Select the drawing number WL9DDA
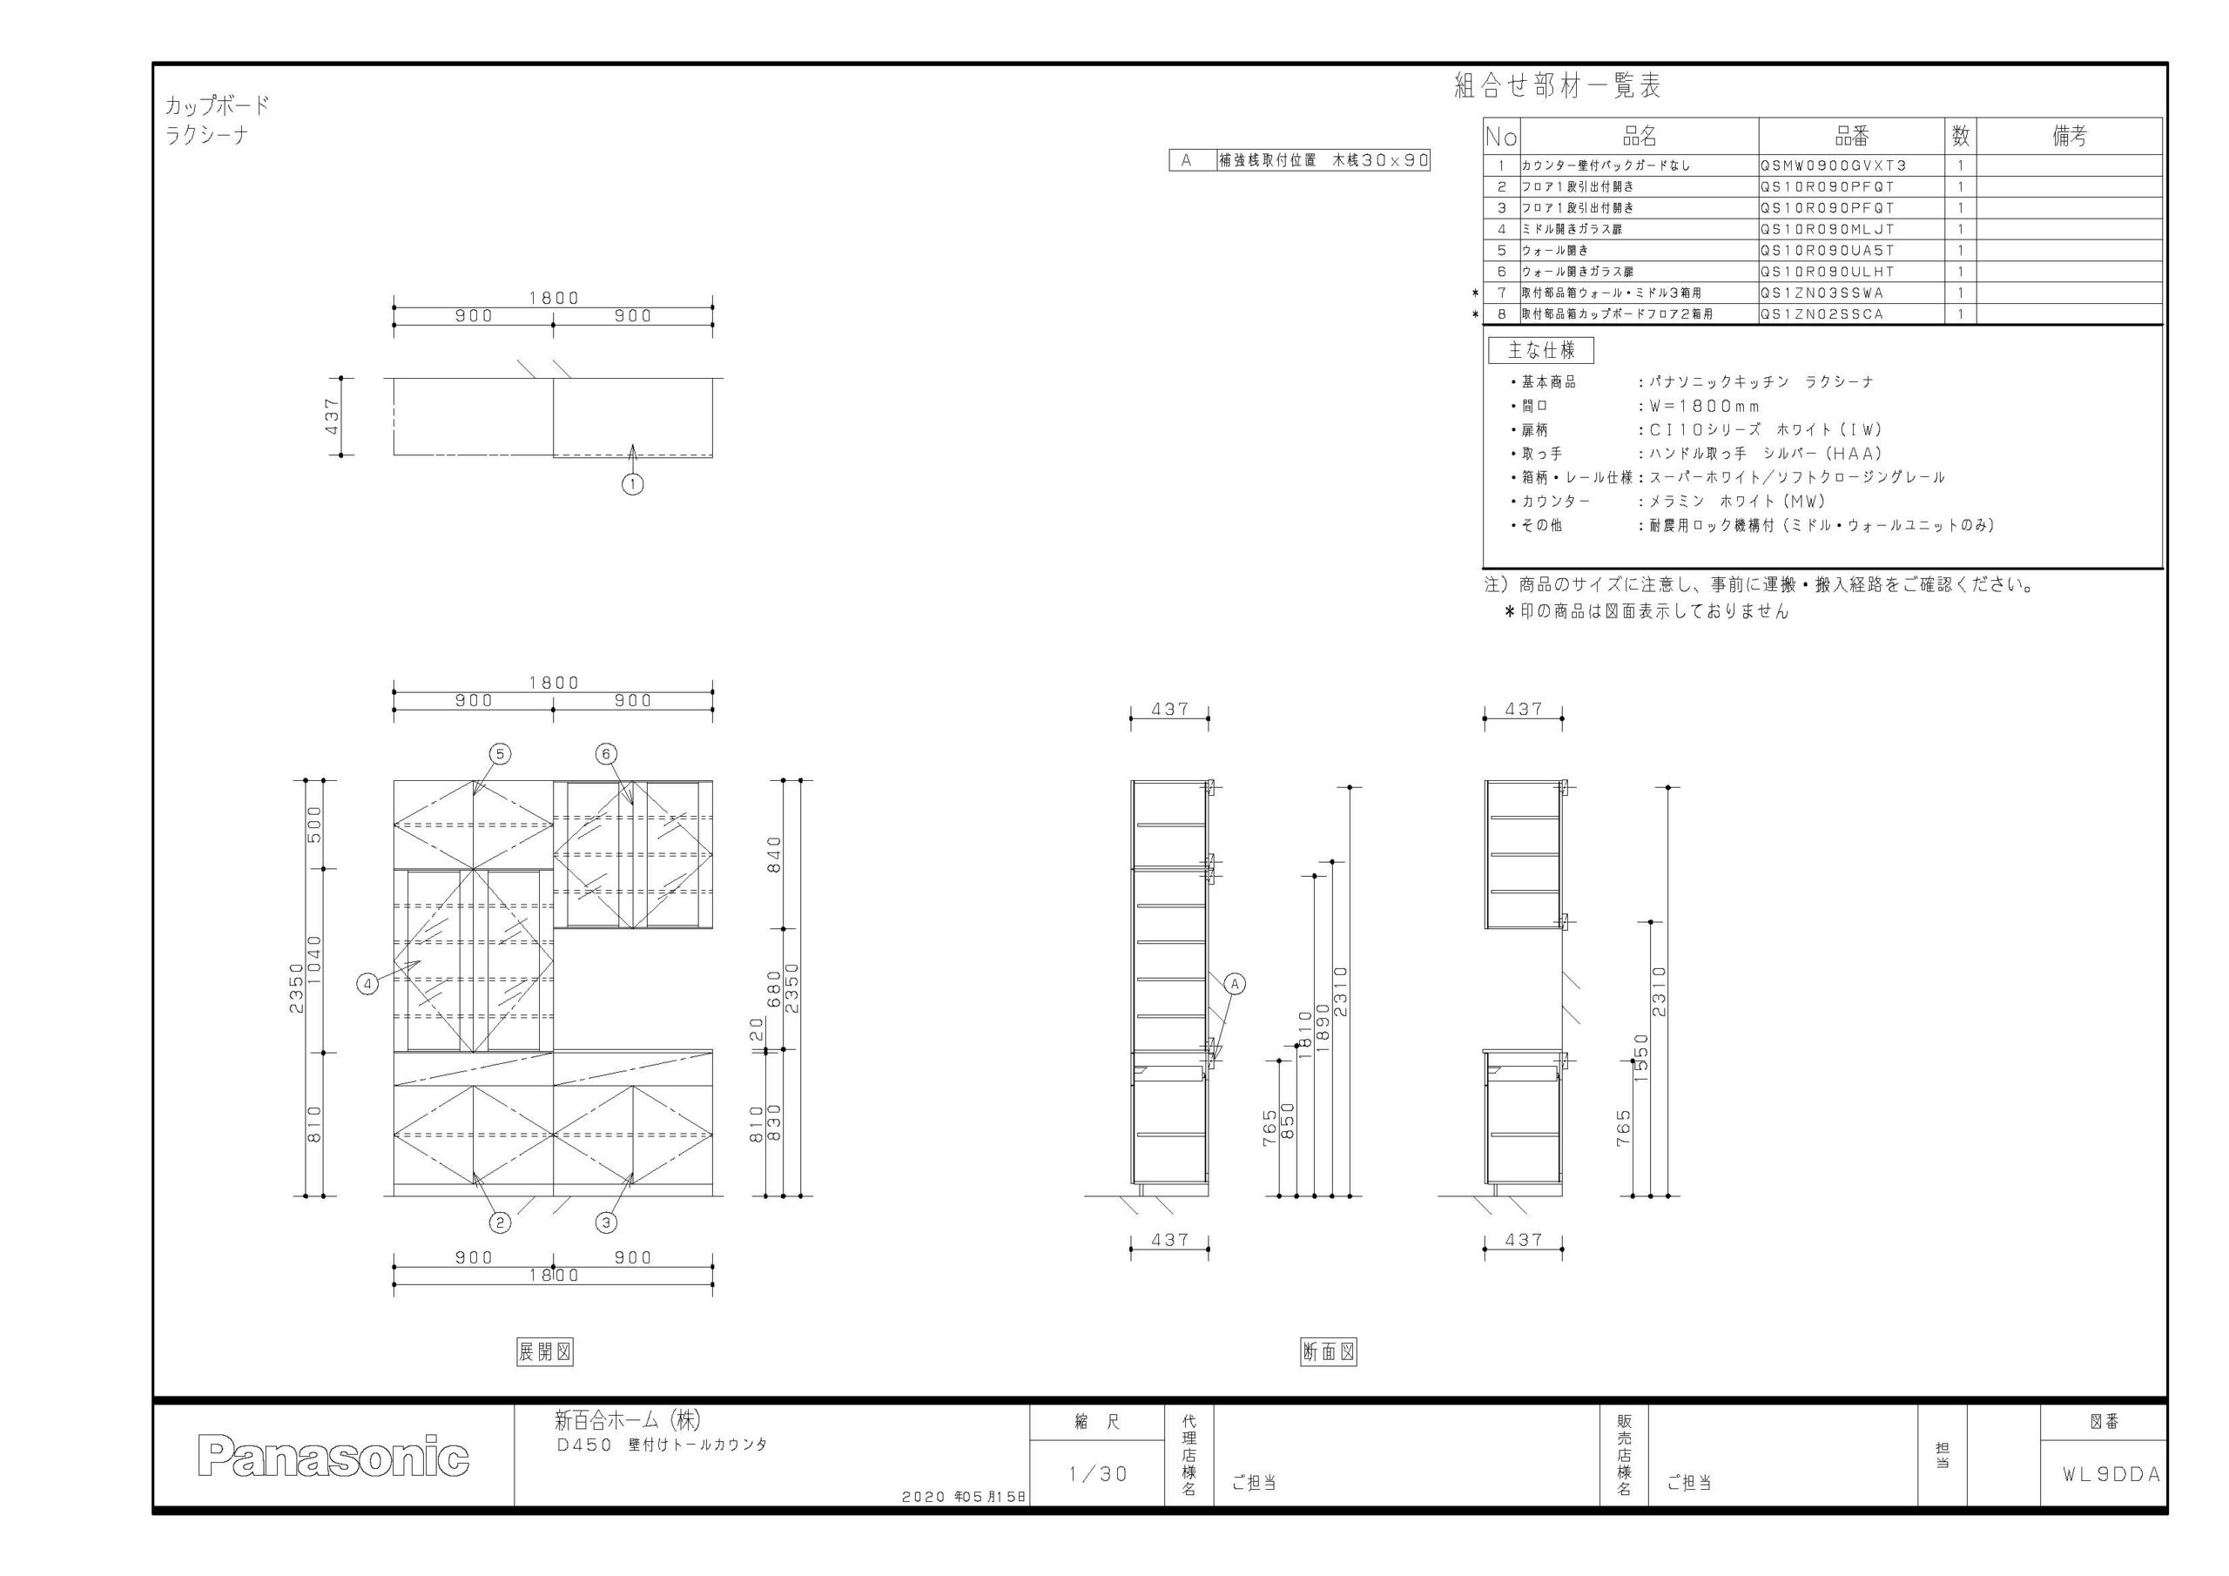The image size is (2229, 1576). [2111, 1474]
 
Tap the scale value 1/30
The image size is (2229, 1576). [1098, 1474]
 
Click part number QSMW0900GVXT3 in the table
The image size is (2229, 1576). [1833, 165]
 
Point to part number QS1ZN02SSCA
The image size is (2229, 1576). [1822, 313]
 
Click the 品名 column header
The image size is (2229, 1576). [1640, 136]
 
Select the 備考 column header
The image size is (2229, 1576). [2070, 136]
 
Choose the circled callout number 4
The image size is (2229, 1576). [368, 985]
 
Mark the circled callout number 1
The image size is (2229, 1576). [633, 483]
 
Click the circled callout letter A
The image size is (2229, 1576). [1235, 984]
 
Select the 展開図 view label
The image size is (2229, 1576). [545, 1351]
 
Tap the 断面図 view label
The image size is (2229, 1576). [1329, 1351]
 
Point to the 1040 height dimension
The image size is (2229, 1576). [314, 961]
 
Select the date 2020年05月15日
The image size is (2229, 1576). [964, 1498]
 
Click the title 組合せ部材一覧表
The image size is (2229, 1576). [1557, 86]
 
